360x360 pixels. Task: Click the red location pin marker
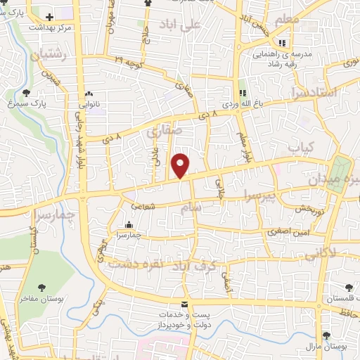[181, 165]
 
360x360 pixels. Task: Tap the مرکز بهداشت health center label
[51, 27]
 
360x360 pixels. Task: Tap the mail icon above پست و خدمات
[184, 304]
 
